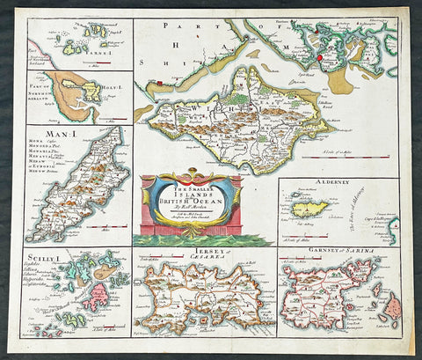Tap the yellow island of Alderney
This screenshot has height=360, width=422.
coord(309,209)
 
